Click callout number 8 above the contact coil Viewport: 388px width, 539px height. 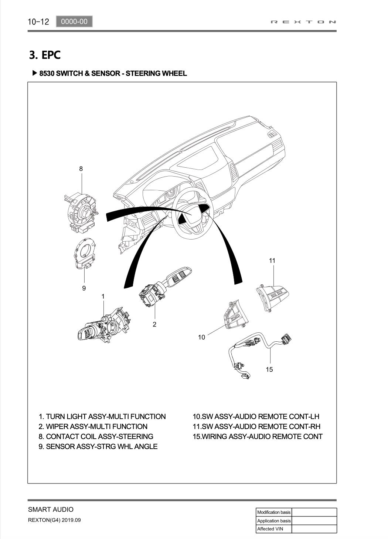tap(81, 169)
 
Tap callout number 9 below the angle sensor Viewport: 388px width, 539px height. tap(84, 288)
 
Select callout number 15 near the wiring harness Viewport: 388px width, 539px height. tap(269, 369)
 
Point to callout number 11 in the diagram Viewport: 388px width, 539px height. tap(272, 261)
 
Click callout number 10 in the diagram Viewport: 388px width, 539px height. tap(201, 337)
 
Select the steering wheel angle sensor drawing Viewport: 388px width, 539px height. tap(84, 254)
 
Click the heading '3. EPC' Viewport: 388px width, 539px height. tap(45, 55)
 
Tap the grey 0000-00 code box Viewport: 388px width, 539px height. tap(74, 21)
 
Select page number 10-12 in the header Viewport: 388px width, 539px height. tap(38, 21)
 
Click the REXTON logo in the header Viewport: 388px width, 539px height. tap(303, 22)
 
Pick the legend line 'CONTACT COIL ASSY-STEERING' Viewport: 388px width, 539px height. tap(96, 436)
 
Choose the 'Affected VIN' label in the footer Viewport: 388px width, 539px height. tap(270, 529)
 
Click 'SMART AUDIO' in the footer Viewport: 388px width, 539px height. tap(51, 509)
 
